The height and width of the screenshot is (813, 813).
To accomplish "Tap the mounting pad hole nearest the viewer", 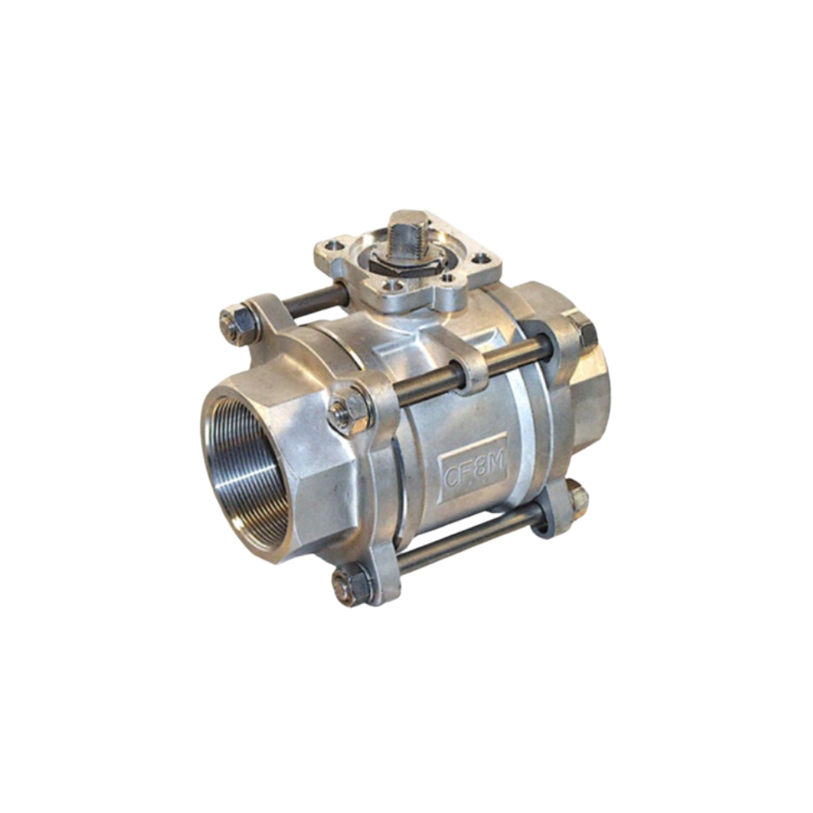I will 394,286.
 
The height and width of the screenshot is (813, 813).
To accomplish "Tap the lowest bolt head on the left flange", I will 350,585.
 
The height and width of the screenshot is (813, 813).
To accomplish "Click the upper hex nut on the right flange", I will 583,332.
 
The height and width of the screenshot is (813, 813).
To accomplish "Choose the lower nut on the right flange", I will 576,498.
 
